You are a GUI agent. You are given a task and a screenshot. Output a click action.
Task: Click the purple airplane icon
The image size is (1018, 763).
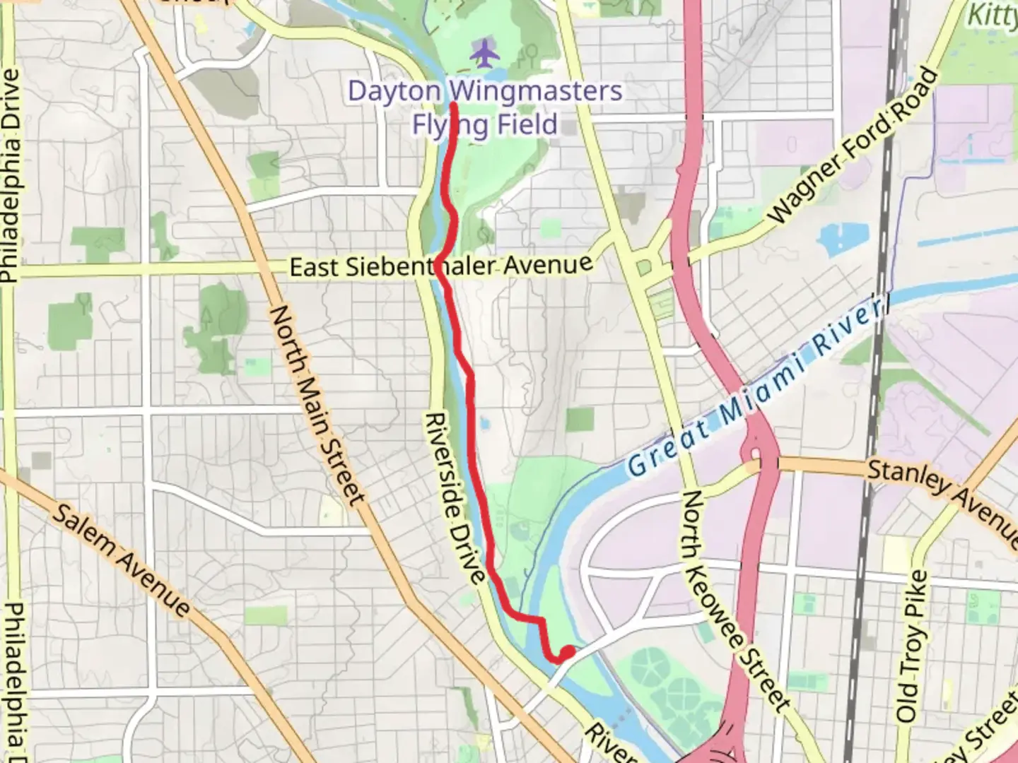point(484,54)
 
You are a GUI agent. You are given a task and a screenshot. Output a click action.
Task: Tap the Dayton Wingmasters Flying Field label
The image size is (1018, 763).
point(485,107)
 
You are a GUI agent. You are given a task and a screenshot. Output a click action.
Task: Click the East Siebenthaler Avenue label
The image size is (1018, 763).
point(441,266)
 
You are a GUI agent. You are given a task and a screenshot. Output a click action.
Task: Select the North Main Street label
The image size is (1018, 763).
point(318,405)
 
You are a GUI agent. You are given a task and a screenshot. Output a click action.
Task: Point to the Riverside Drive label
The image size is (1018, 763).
point(454,499)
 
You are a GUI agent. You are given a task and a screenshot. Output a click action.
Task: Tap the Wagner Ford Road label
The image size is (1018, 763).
point(853,146)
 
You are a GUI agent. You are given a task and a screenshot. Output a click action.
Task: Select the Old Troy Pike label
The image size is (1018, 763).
point(913,645)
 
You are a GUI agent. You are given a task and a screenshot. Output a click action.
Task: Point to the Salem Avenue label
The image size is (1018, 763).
point(121,561)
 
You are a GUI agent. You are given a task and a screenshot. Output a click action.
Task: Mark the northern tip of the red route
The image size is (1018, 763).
point(452,105)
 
